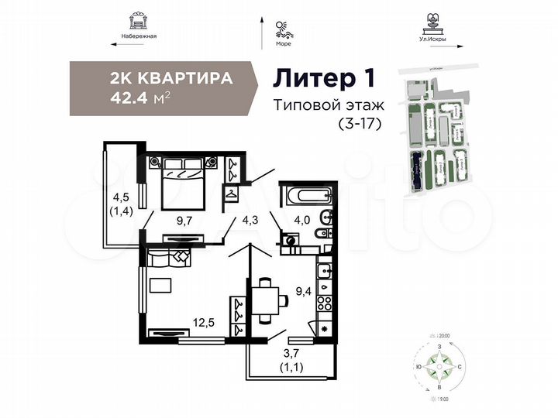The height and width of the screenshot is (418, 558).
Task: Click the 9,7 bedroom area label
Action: [x=184, y=221]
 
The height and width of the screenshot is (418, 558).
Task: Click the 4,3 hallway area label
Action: [x=251, y=220]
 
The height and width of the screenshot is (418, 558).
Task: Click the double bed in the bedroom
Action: [x=183, y=183]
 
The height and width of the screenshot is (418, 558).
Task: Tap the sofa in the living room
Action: [x=167, y=259]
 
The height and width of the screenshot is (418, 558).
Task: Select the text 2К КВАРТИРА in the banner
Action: [x=172, y=79]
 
